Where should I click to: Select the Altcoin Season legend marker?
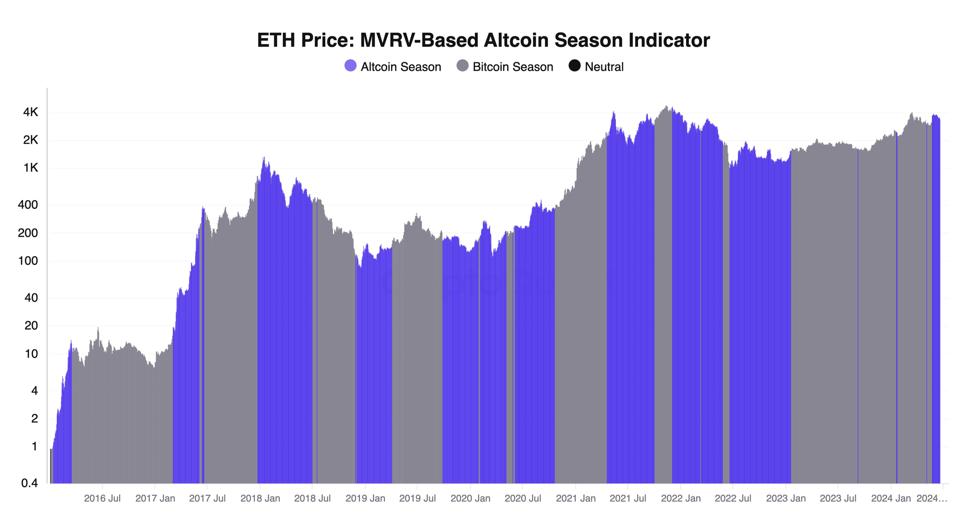point(350,66)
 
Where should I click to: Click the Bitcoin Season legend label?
point(513,67)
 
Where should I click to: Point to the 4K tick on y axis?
point(30,112)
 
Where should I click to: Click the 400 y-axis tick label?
point(28,205)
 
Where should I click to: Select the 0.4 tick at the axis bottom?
point(28,483)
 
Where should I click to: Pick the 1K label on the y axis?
point(30,168)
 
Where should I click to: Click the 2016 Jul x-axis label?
point(102,498)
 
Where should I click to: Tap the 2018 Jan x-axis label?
point(260,498)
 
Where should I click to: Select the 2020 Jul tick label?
point(523,498)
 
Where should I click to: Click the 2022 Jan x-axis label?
point(680,498)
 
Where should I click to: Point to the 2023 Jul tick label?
point(838,498)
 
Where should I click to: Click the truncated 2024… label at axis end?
point(932,498)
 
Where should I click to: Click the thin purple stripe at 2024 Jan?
point(897,309)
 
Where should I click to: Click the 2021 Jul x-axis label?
point(628,498)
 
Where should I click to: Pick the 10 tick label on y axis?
point(31,353)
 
